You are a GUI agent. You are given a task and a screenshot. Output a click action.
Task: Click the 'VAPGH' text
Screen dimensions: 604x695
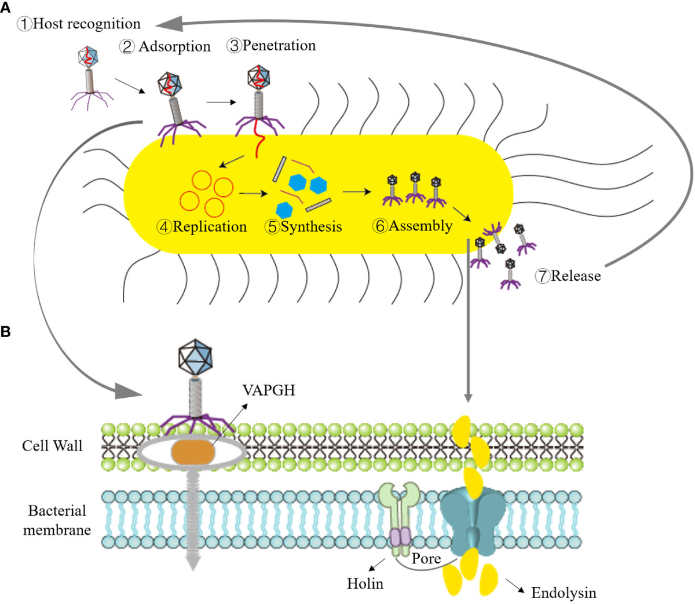269,390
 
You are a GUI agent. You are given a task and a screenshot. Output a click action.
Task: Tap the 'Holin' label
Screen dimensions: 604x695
365,583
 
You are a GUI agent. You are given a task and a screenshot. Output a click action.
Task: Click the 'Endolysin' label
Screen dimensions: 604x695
563,592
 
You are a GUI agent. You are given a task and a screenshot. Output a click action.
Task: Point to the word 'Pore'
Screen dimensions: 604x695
426,559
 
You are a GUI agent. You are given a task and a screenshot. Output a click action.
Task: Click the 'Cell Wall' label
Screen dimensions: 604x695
52,445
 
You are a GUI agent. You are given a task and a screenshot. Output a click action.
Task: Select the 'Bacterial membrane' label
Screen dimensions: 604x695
57,520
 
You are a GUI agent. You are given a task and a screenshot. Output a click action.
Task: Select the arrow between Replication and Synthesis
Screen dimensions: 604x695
249,193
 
